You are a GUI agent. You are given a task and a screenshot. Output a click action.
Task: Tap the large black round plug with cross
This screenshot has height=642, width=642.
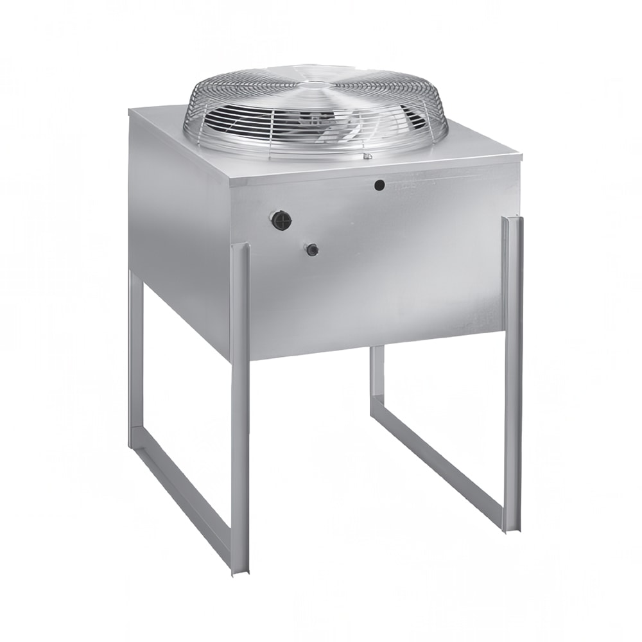pos(281,220)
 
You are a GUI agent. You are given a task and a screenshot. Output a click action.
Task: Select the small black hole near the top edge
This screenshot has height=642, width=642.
pos(379,185)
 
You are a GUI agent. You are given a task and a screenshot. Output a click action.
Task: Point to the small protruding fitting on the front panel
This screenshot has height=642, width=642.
pos(313,249)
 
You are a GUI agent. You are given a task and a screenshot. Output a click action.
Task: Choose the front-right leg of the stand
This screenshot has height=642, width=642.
pos(512,372)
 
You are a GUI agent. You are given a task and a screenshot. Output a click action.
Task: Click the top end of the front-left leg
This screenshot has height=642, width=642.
pos(239,248)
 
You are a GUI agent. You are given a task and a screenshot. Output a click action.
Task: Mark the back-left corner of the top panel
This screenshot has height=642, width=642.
pos(131,110)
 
